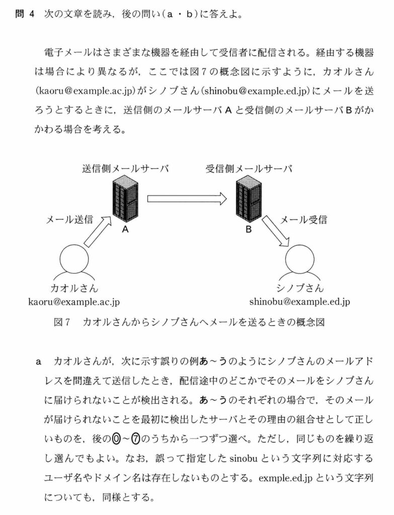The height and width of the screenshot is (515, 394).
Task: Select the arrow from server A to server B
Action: tap(187, 198)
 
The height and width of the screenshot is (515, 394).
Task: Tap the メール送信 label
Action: tap(69, 219)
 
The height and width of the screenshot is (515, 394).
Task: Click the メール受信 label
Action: tap(303, 219)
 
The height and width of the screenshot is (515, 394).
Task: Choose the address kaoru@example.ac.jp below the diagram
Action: tap(74, 302)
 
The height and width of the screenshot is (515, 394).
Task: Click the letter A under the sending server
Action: tap(125, 230)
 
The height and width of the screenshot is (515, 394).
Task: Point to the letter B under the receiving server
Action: tap(248, 230)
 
